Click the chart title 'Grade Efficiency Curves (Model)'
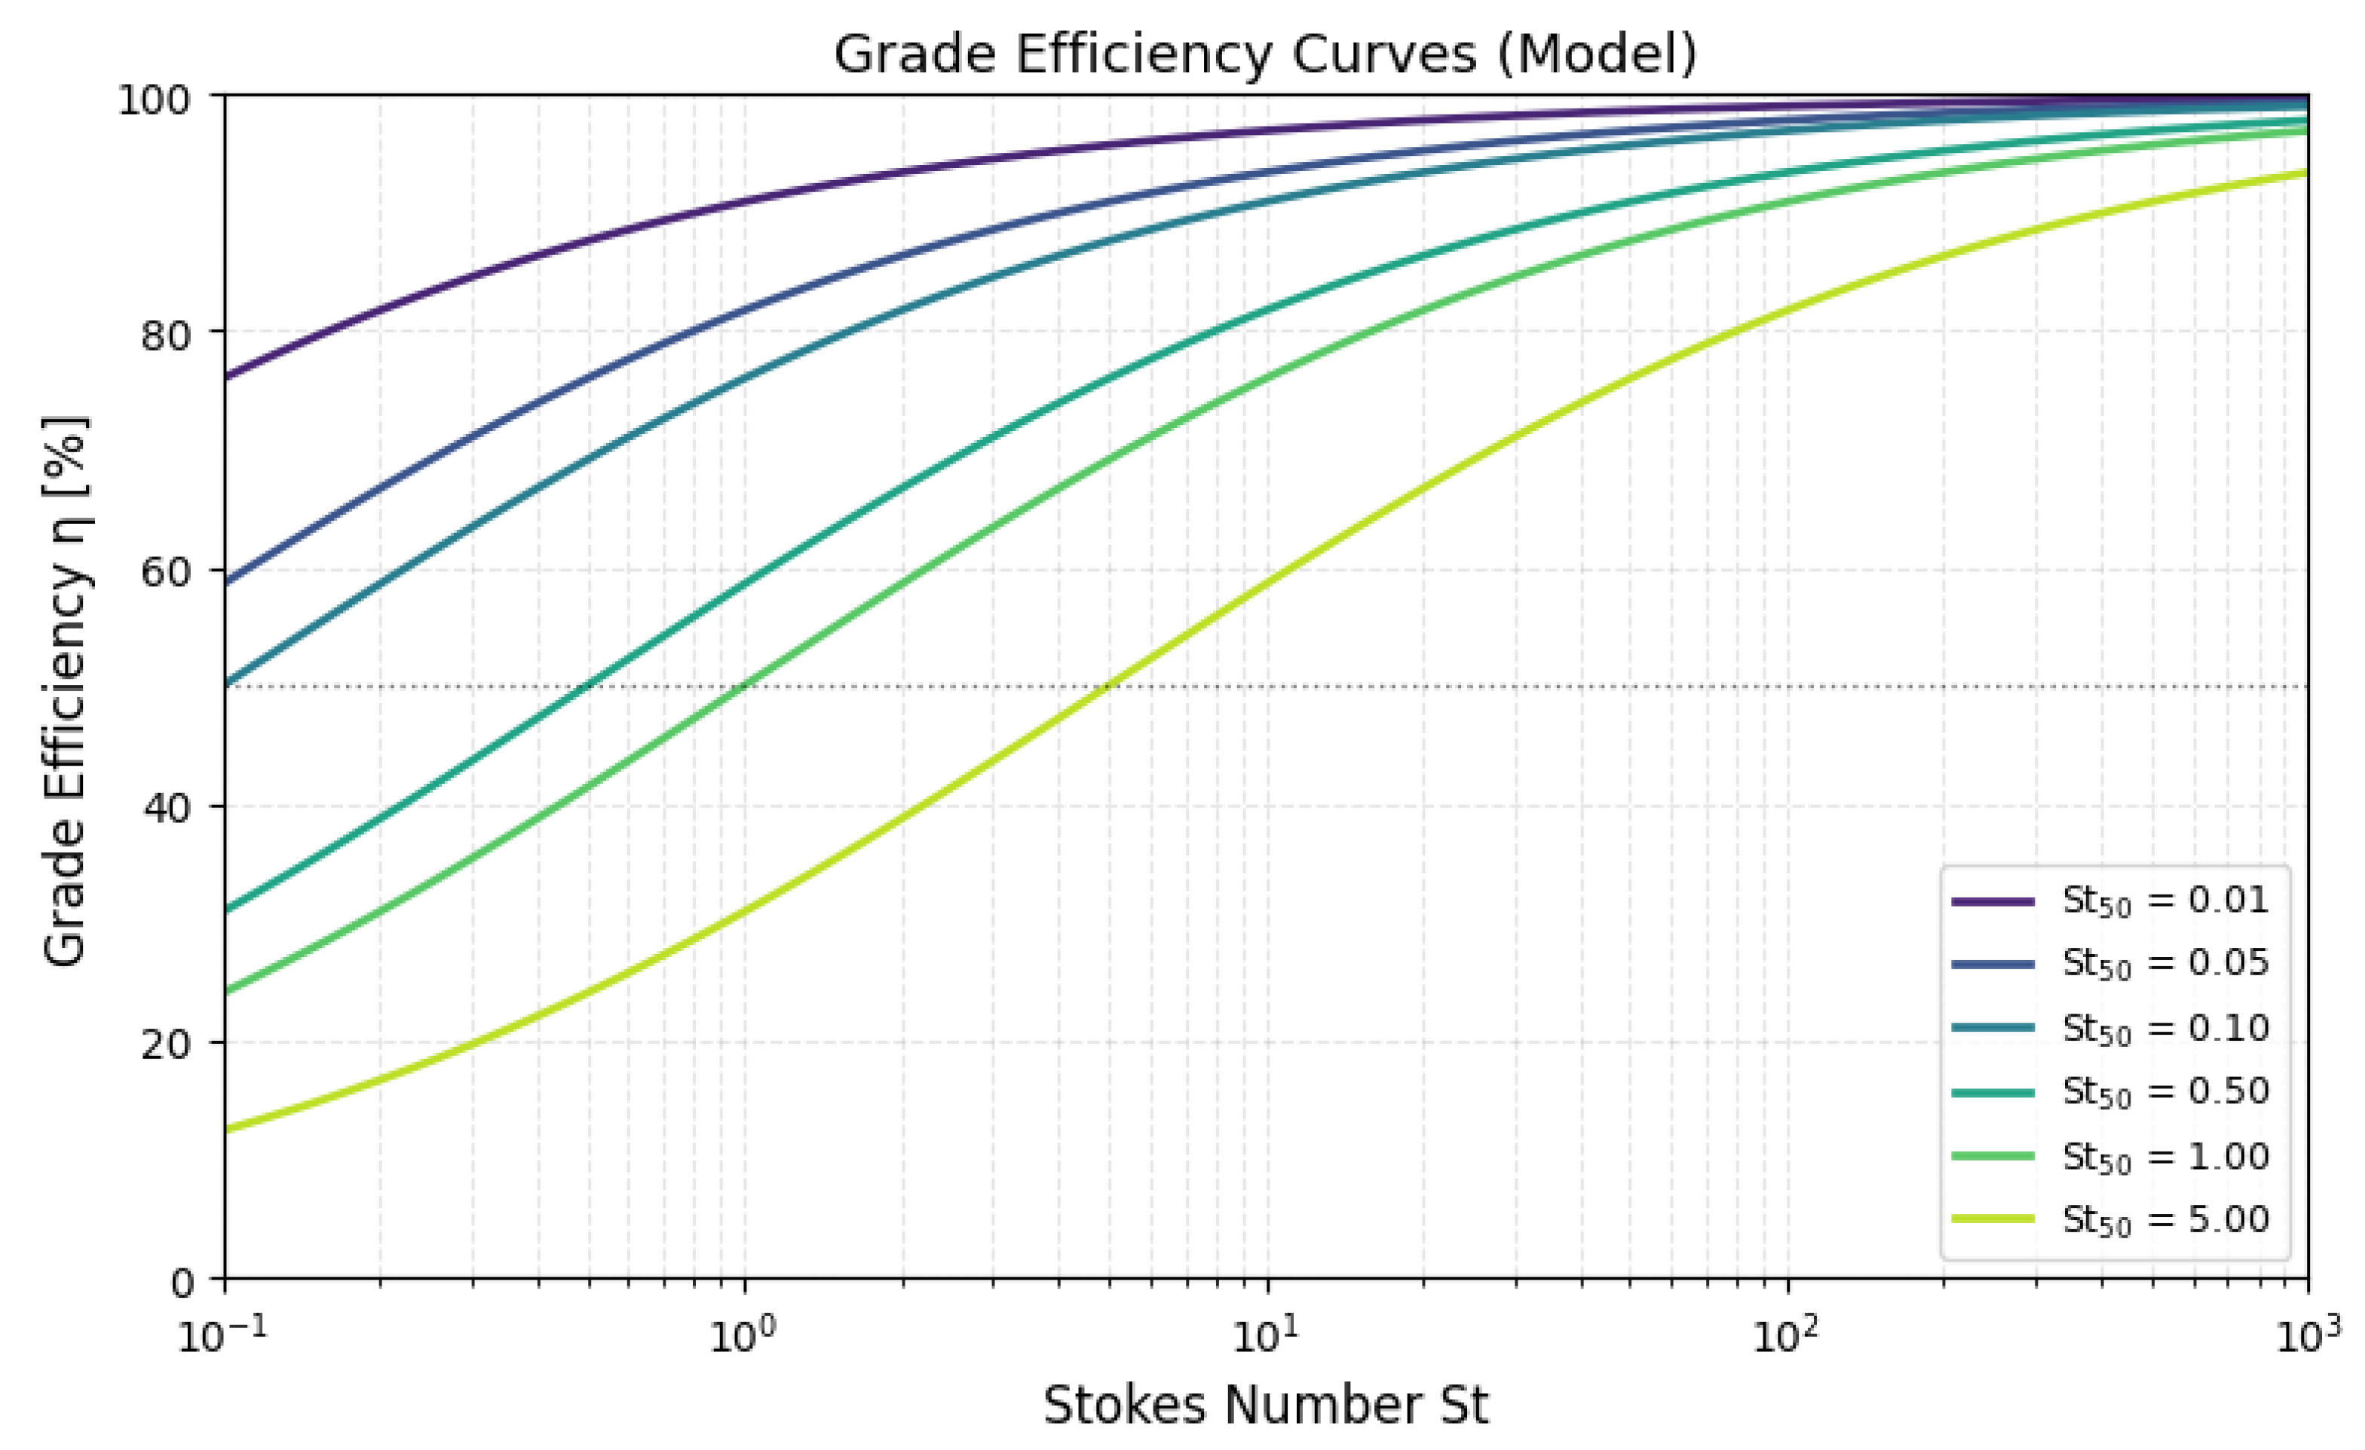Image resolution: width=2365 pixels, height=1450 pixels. pyautogui.click(x=1265, y=55)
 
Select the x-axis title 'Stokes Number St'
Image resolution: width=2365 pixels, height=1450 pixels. pyautogui.click(x=1265, y=1406)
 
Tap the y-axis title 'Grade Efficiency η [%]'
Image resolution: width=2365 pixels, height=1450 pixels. pyautogui.click(x=66, y=690)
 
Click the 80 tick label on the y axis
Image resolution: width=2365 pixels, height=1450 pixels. pyautogui.click(x=167, y=336)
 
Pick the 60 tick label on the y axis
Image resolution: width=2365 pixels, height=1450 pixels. pyautogui.click(x=167, y=573)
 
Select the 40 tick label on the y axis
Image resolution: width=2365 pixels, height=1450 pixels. pyautogui.click(x=167, y=809)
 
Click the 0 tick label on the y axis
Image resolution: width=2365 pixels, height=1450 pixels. pyautogui.click(x=182, y=1282)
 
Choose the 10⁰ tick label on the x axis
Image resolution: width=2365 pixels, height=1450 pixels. pyautogui.click(x=743, y=1335)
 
